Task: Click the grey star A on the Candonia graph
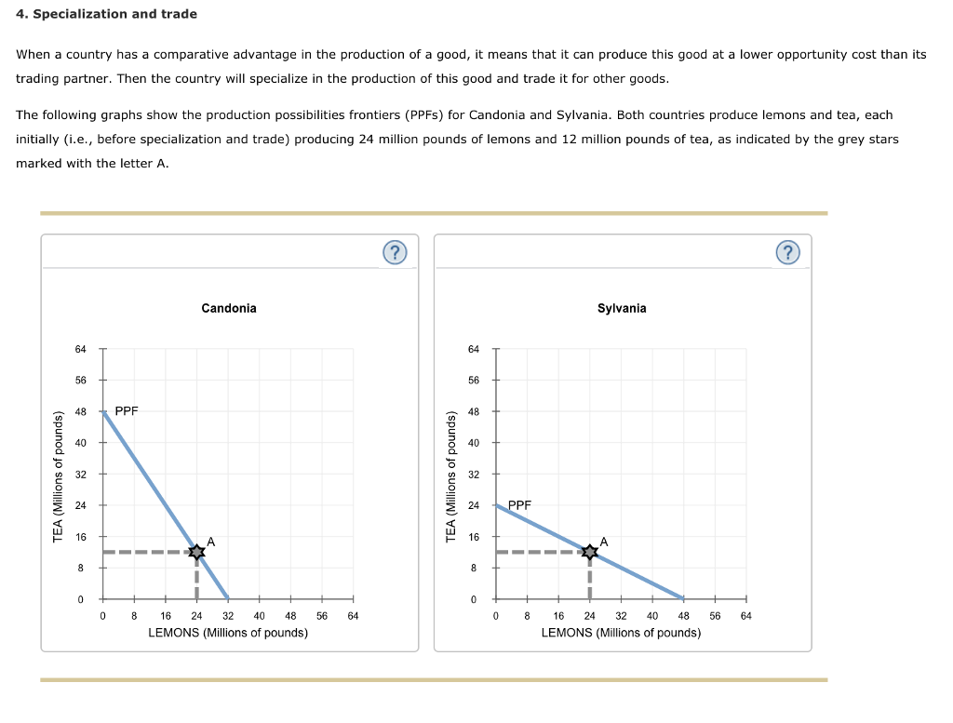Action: pos(196,552)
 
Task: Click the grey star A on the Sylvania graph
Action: pos(589,552)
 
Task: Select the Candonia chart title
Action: pos(228,308)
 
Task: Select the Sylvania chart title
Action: pos(622,308)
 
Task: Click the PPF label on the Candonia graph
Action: pos(127,410)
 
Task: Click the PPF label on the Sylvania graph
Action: pos(519,505)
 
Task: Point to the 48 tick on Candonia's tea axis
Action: pos(81,411)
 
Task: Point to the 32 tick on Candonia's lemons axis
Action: pos(228,615)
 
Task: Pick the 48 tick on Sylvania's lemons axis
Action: pos(683,615)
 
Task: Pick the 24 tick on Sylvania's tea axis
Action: pos(474,505)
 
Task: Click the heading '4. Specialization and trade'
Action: pos(106,14)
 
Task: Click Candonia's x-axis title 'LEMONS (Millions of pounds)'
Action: pos(228,633)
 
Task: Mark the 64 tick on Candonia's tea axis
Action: pos(81,349)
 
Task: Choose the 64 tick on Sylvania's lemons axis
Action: pos(745,615)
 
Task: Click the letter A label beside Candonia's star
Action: pos(211,541)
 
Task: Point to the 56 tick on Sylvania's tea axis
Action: pos(474,381)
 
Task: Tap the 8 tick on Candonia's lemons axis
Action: pos(134,615)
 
